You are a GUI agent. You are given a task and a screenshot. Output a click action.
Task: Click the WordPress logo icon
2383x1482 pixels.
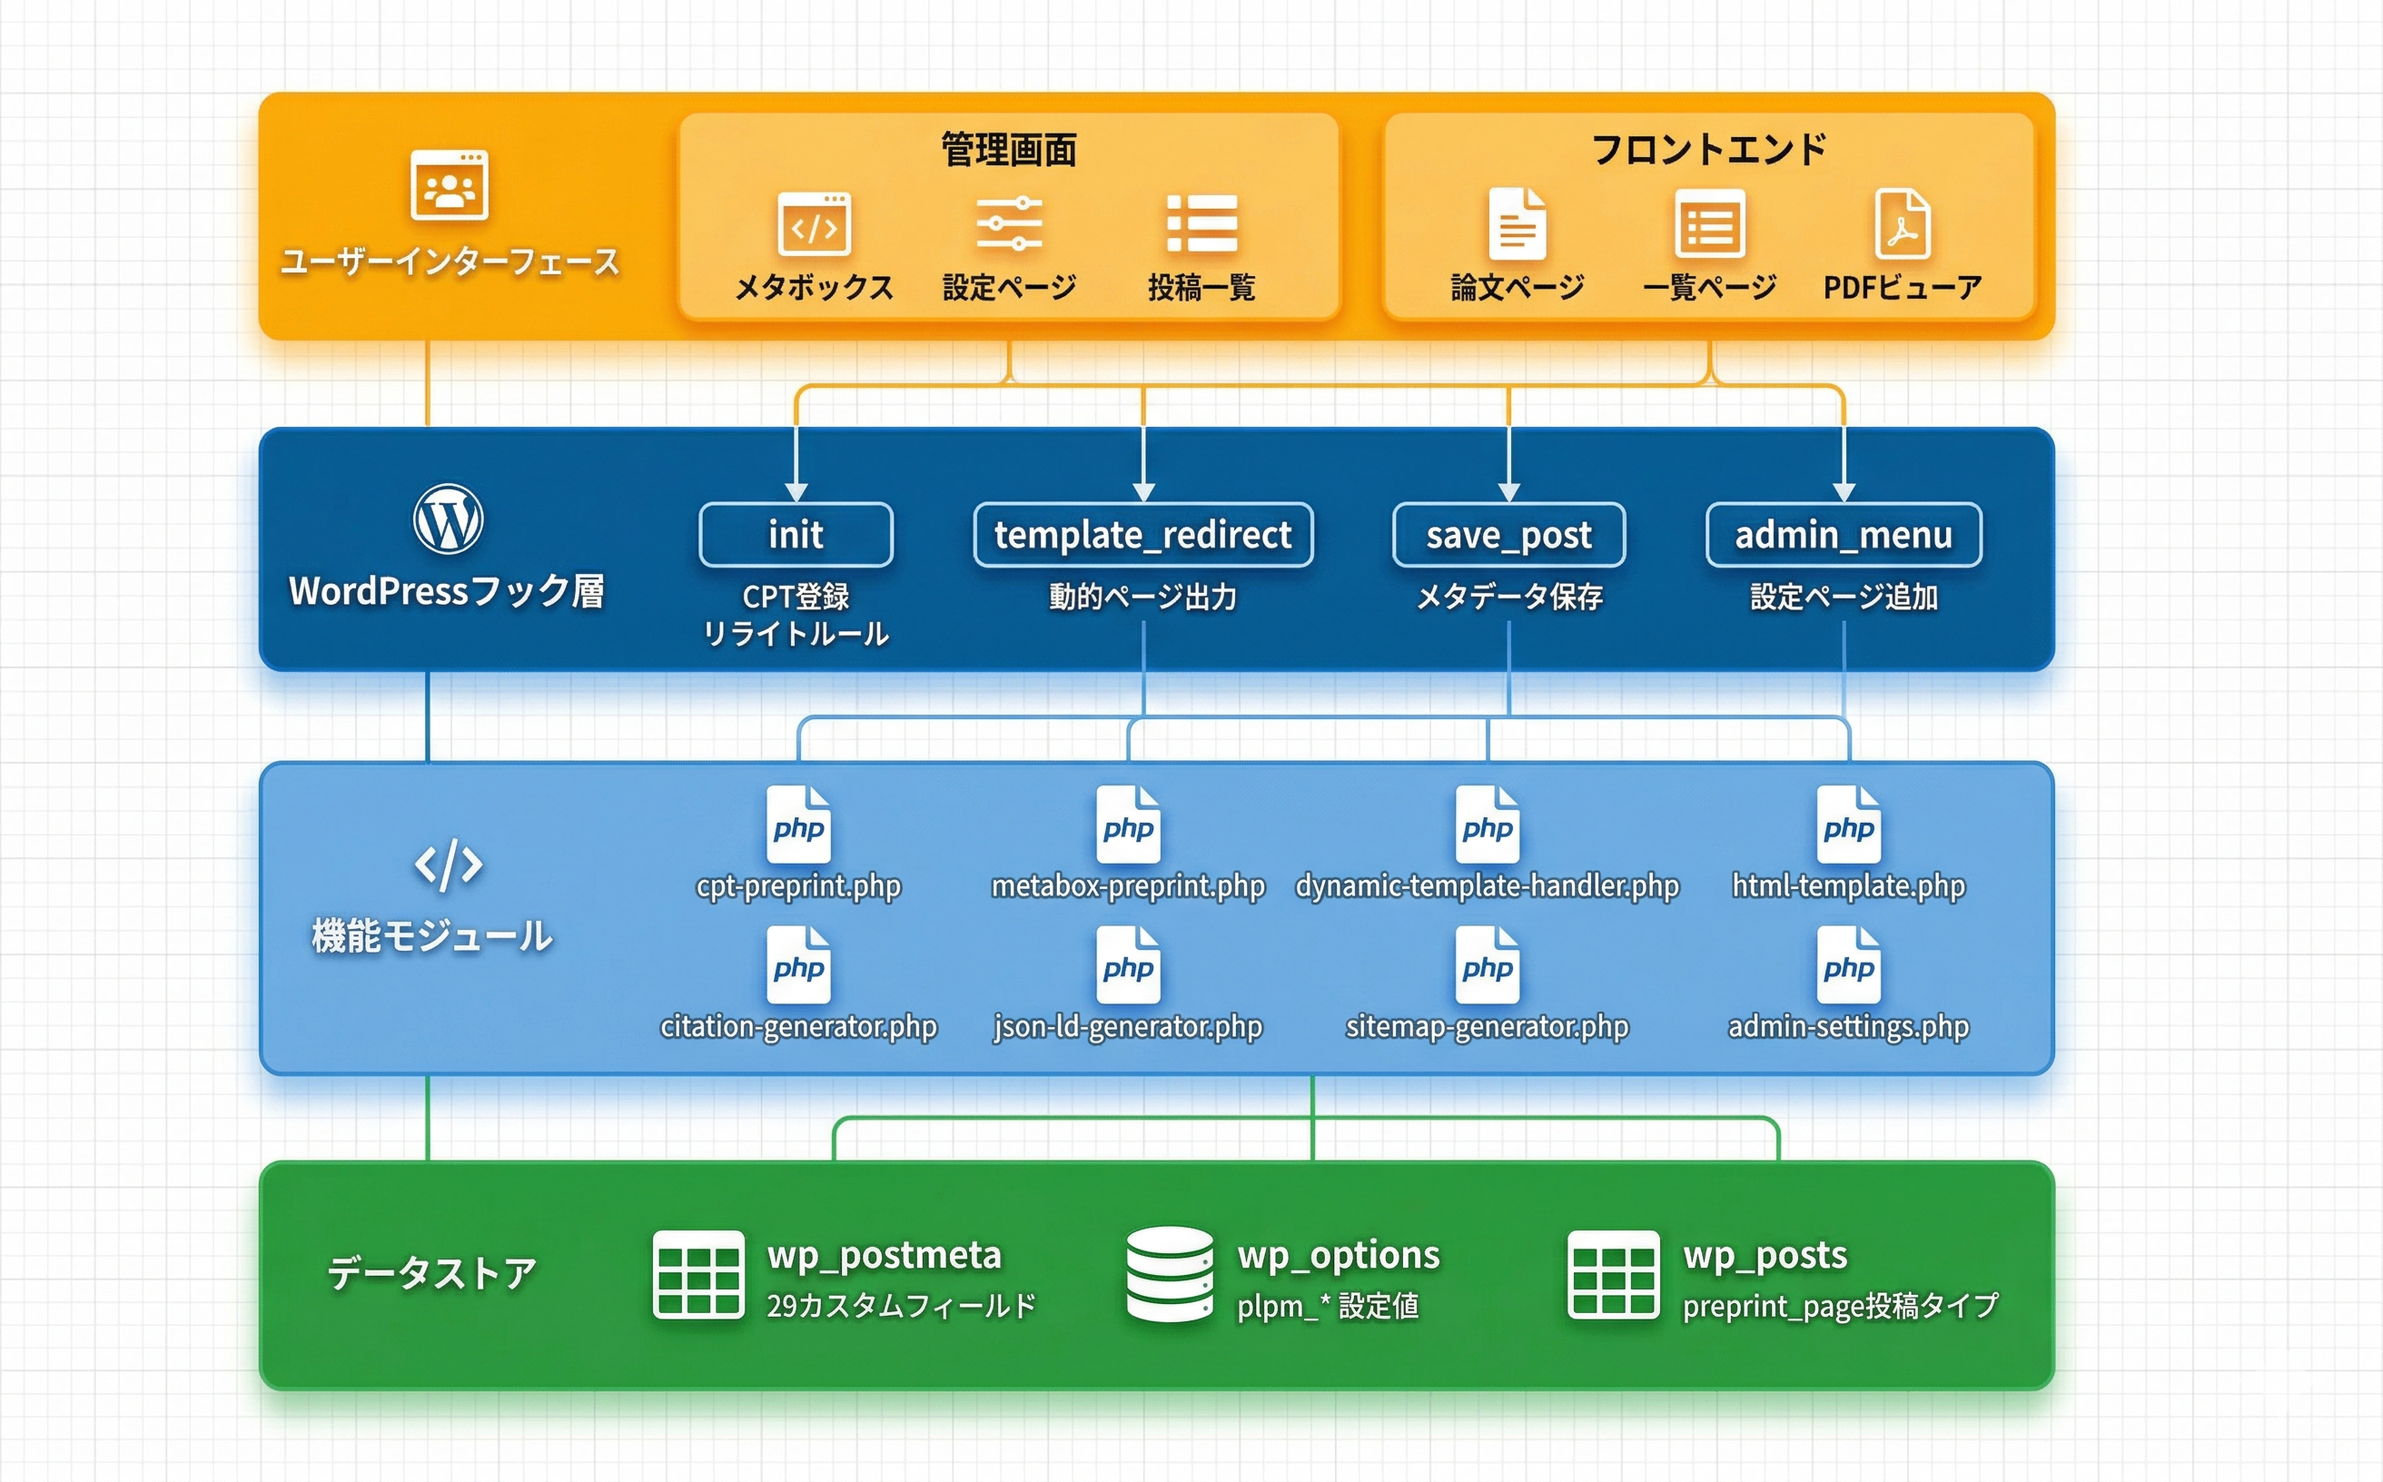[x=448, y=519]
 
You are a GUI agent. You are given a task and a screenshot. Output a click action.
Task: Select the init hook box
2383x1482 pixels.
[x=796, y=535]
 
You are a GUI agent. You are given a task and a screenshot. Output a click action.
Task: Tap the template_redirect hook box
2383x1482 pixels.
[x=1143, y=535]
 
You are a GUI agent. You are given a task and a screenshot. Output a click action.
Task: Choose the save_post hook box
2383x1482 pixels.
[x=1508, y=535]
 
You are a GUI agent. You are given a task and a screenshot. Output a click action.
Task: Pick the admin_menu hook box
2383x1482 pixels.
[x=1844, y=535]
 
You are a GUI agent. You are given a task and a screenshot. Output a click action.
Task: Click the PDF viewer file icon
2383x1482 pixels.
[x=1902, y=224]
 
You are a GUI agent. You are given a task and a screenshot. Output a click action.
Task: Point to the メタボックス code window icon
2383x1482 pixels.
[x=814, y=224]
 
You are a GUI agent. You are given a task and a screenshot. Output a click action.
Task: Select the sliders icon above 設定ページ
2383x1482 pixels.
[x=1009, y=224]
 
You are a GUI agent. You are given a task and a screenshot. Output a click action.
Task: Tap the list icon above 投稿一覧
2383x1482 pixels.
[x=1201, y=224]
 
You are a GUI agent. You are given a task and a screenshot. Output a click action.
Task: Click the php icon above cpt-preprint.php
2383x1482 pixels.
[x=799, y=825]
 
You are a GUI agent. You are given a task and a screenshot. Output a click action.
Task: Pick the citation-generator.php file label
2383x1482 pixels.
[x=799, y=1026]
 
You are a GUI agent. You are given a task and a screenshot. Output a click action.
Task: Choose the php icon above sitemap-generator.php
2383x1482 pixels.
[x=1487, y=965]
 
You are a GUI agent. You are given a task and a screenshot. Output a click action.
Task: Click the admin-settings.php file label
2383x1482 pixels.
[x=1848, y=1026]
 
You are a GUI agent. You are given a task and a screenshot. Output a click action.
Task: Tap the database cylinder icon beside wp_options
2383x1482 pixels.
[x=1170, y=1274]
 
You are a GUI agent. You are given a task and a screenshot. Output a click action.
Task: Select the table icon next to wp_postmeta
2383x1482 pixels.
[x=698, y=1274]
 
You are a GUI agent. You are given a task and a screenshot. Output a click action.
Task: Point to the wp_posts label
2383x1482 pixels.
[x=1765, y=1256]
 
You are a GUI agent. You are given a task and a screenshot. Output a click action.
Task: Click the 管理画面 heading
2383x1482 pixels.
[x=1009, y=150]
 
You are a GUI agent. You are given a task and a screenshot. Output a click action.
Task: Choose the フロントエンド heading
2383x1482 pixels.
[x=1708, y=150]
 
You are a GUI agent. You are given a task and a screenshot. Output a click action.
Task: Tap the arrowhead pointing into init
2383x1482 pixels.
[x=796, y=491]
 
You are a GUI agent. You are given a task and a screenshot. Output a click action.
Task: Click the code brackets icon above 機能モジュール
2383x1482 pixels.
[x=448, y=864]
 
